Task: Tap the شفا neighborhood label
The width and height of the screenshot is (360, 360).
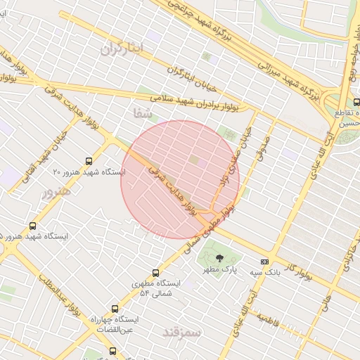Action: [x=141, y=112]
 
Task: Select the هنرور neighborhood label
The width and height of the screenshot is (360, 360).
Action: [x=56, y=192]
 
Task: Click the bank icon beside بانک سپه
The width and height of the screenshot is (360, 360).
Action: [x=264, y=262]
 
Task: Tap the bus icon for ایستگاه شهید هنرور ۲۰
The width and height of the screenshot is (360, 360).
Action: [x=89, y=160]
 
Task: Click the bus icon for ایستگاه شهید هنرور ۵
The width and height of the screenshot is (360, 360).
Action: [x=33, y=226]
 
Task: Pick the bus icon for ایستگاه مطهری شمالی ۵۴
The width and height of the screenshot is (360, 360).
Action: [x=155, y=273]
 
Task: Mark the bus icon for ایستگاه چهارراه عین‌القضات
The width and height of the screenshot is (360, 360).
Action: [x=115, y=309]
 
